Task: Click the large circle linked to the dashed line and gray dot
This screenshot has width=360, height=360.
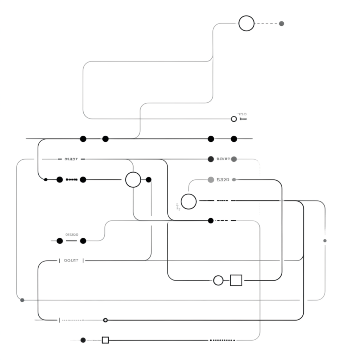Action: (x=246, y=24)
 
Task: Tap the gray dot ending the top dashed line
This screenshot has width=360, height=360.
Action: (x=281, y=24)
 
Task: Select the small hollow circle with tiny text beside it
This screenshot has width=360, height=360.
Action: (x=234, y=119)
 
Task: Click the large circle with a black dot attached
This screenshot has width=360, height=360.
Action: (x=133, y=180)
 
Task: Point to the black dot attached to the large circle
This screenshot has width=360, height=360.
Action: (x=149, y=180)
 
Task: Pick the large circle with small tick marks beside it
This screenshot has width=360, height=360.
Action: (x=189, y=201)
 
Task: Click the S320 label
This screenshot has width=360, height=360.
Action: (x=223, y=180)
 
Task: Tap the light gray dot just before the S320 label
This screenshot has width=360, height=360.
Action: (x=211, y=180)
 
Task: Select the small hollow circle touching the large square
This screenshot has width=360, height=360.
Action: (x=218, y=280)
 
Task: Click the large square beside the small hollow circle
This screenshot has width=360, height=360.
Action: (x=236, y=280)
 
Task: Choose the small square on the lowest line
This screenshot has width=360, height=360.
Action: (x=105, y=340)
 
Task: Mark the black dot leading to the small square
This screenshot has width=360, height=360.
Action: (x=83, y=340)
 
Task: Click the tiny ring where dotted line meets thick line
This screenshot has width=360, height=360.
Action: (x=105, y=320)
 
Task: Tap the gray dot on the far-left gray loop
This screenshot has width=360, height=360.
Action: (x=22, y=300)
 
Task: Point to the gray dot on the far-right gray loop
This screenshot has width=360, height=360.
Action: (x=325, y=240)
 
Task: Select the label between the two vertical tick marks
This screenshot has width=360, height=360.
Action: (x=71, y=261)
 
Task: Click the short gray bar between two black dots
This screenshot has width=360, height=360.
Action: (x=71, y=241)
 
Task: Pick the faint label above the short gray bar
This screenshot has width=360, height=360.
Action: (x=72, y=234)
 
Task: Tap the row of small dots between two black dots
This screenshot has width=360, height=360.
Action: (x=71, y=180)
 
